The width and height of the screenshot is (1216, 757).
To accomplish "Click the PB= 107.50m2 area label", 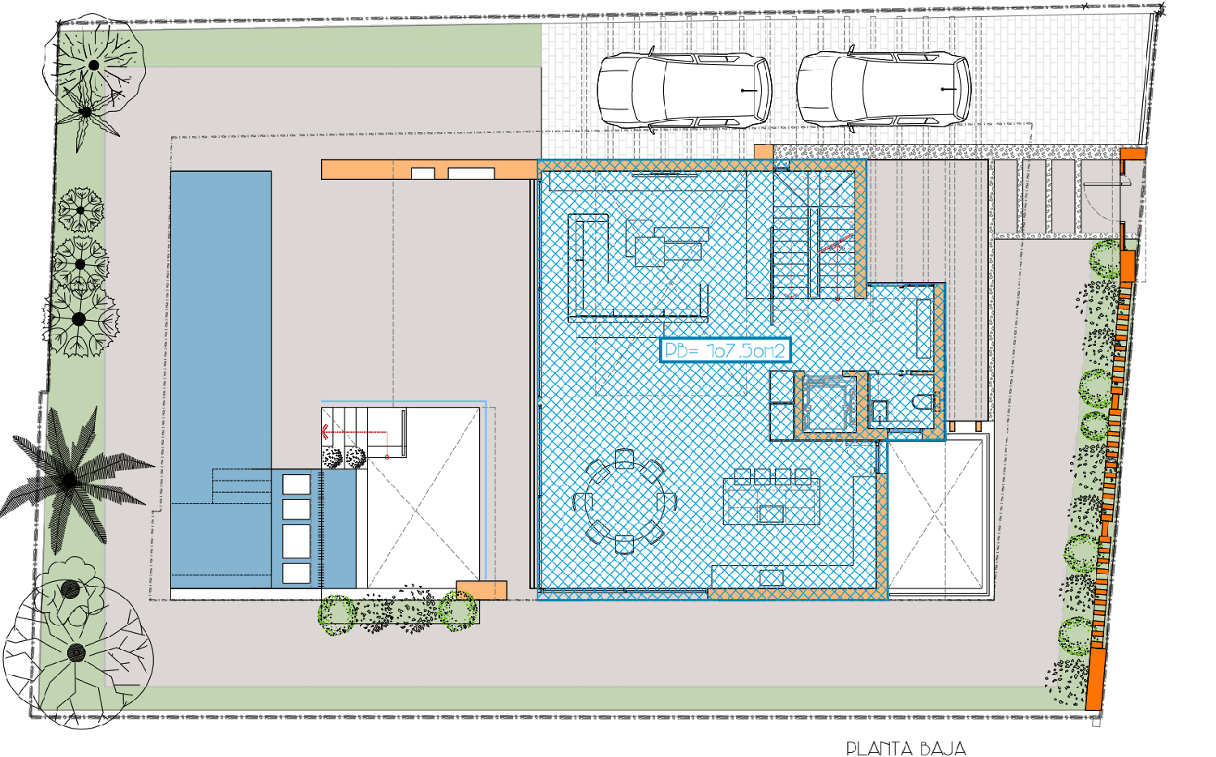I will pyautogui.click(x=725, y=350).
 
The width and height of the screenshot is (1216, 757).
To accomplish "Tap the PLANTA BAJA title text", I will pyautogui.click(x=906, y=748).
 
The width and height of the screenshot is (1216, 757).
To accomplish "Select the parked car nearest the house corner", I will pyautogui.click(x=684, y=90).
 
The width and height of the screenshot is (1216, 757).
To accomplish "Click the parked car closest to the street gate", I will pyautogui.click(x=884, y=90).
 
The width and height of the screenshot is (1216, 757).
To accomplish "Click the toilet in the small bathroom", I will pyautogui.click(x=923, y=403).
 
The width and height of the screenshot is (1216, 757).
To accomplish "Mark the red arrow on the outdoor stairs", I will pyautogui.click(x=326, y=432).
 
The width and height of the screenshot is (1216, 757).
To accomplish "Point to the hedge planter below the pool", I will pyautogui.click(x=397, y=612).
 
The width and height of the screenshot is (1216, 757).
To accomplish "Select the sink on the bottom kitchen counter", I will pyautogui.click(x=771, y=578).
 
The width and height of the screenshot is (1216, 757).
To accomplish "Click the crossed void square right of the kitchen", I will pyautogui.click(x=936, y=515).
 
